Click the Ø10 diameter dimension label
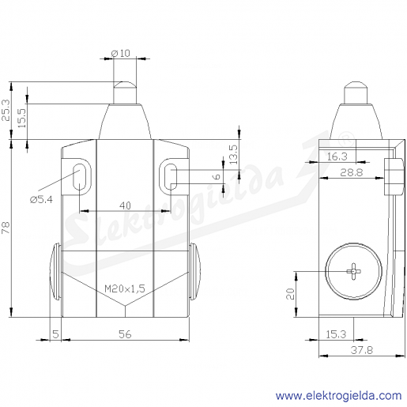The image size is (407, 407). pyautogui.click(x=121, y=53)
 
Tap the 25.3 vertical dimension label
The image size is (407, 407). pyautogui.click(x=6, y=110)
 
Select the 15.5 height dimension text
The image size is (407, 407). pyautogui.click(x=22, y=118)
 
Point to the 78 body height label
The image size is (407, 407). pyautogui.click(x=6, y=228)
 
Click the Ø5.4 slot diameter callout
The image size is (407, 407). pyautogui.click(x=41, y=200)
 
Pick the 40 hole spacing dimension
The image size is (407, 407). pyautogui.click(x=125, y=205)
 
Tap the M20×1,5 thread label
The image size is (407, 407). pyautogui.click(x=125, y=288)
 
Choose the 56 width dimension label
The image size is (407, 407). pyautogui.click(x=125, y=334)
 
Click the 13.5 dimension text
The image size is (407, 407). pyautogui.click(x=233, y=155)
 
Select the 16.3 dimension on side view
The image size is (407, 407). pyautogui.click(x=337, y=156)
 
